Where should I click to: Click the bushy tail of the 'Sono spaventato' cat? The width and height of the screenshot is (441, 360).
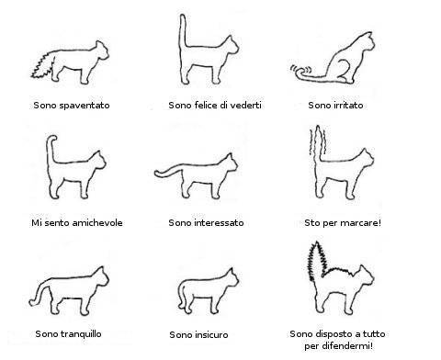pyautogui.click(x=43, y=66)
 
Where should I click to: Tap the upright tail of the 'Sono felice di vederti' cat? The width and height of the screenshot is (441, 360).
pyautogui.click(x=183, y=30)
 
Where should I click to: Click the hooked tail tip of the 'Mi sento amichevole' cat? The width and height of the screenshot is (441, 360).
pyautogui.click(x=52, y=140)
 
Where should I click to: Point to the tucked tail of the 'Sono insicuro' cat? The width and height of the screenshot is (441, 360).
pyautogui.click(x=181, y=294)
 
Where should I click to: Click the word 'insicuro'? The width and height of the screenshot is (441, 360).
pyautogui.click(x=211, y=334)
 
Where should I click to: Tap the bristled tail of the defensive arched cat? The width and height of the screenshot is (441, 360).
pyautogui.click(x=317, y=260)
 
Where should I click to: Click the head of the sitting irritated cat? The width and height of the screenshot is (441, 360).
pyautogui.click(x=367, y=40)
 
